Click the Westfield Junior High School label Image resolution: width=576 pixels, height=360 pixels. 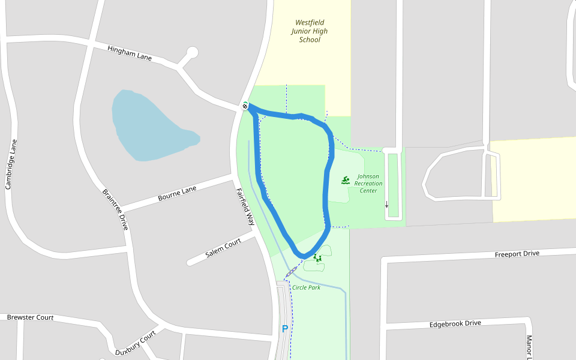pos(310,31)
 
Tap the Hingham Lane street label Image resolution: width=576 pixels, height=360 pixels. pos(130,53)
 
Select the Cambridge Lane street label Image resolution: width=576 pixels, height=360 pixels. pos(11,164)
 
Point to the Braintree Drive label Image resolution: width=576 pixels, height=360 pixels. pos(115,209)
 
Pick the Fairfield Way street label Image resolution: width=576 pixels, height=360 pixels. pos(245,207)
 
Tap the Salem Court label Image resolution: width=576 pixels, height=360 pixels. pos(223,247)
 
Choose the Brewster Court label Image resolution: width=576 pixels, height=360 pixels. pos(30,317)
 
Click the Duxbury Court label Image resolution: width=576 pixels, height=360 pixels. pos(136,343)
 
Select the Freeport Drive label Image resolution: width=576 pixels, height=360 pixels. pos(517,254)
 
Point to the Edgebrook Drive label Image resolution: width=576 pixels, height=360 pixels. pos(455,324)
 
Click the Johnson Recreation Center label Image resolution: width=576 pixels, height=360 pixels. pos(368,184)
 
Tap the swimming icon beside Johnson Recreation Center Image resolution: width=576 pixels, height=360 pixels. pos(346,180)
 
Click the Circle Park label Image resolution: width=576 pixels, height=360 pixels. pos(306,287)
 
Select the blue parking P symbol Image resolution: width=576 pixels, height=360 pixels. pos(284,329)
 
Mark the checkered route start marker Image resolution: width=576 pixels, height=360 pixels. pos(245,106)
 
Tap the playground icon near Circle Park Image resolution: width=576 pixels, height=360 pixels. pos(317,259)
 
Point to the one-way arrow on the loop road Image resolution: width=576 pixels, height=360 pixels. pos(386,204)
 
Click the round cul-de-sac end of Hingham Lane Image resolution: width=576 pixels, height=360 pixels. pos(192,52)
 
